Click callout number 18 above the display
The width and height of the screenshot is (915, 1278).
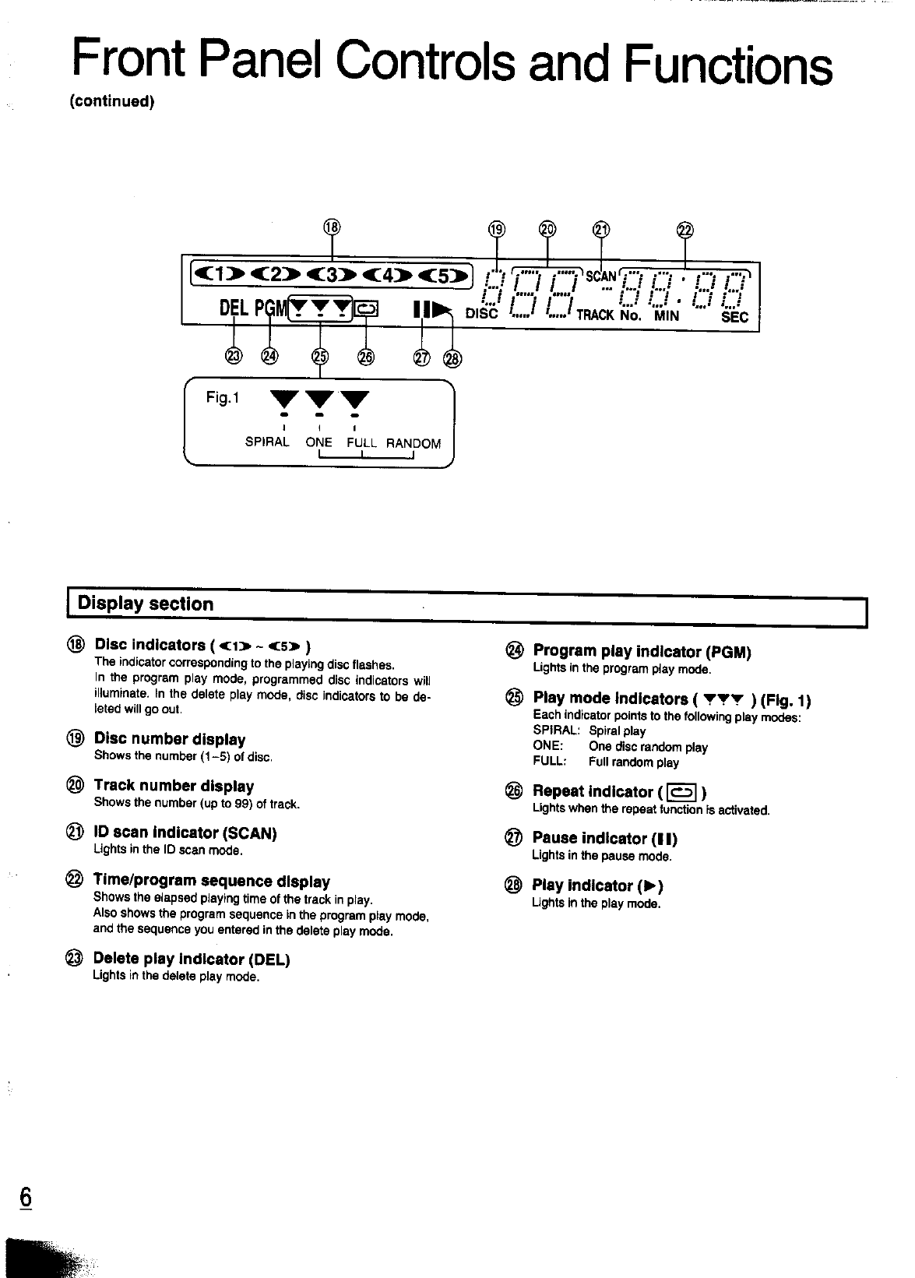tap(332, 227)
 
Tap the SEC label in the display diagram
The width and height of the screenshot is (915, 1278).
tap(734, 317)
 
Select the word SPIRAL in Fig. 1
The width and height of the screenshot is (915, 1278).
tap(267, 442)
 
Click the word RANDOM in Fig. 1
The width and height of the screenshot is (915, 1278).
tap(414, 444)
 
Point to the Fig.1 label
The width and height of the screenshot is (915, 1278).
tap(223, 399)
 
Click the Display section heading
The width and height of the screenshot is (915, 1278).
tap(146, 604)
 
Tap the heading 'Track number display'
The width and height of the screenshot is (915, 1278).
tap(174, 786)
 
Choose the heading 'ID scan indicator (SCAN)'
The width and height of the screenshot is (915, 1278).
tap(185, 833)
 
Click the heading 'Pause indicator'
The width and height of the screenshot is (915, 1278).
tap(604, 839)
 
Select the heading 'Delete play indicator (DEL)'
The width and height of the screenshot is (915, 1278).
tap(191, 959)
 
